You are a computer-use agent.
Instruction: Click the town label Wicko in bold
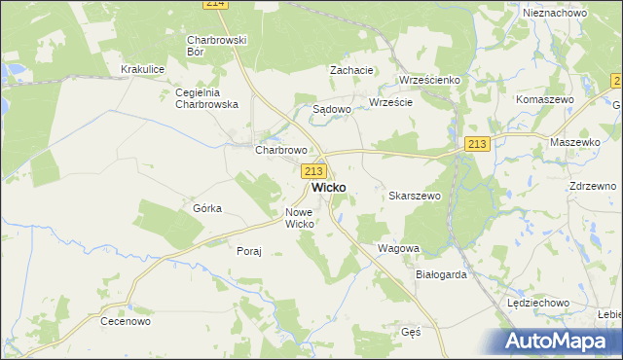pyautogui.click(x=331, y=188)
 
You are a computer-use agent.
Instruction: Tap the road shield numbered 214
pyautogui.click(x=216, y=5)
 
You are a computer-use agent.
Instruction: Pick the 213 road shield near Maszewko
pyautogui.click(x=476, y=144)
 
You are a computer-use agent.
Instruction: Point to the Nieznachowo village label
pyautogui.click(x=554, y=13)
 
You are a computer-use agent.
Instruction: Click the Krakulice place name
pyautogui.click(x=140, y=70)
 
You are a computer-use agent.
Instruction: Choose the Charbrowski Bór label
pyautogui.click(x=216, y=46)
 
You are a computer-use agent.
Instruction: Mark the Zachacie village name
pyautogui.click(x=351, y=70)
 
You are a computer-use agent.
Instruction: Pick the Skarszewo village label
pyautogui.click(x=416, y=196)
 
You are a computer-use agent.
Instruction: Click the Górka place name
pyautogui.click(x=207, y=208)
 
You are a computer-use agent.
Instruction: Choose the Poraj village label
pyautogui.click(x=249, y=251)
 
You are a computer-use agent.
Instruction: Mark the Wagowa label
pyautogui.click(x=398, y=248)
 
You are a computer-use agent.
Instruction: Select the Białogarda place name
pyautogui.click(x=441, y=274)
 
